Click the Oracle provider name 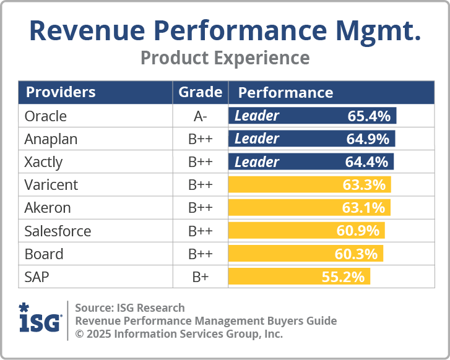click(45, 116)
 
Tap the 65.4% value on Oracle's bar click(369, 116)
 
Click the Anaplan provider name click(51, 139)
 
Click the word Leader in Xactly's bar click(257, 162)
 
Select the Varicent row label click(51, 185)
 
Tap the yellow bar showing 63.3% click(309, 185)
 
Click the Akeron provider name click(48, 208)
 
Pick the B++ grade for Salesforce click(200, 231)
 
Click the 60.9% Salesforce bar click(306, 231)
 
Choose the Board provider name click(44, 254)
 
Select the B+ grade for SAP click(200, 277)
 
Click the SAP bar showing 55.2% click(299, 276)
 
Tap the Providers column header click(61, 93)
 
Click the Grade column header click(200, 93)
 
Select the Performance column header click(285, 93)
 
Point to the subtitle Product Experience click(225, 58)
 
